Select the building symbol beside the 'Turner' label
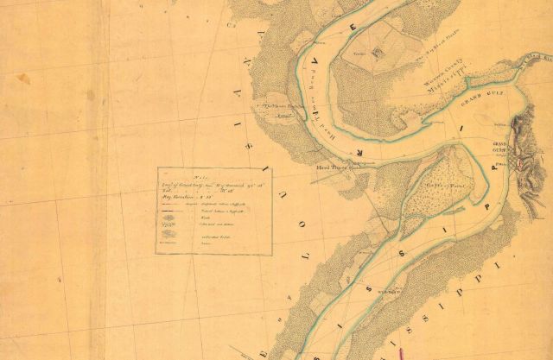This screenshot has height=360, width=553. tap(377, 54)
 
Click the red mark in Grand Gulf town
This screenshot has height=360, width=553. tap(519, 161)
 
